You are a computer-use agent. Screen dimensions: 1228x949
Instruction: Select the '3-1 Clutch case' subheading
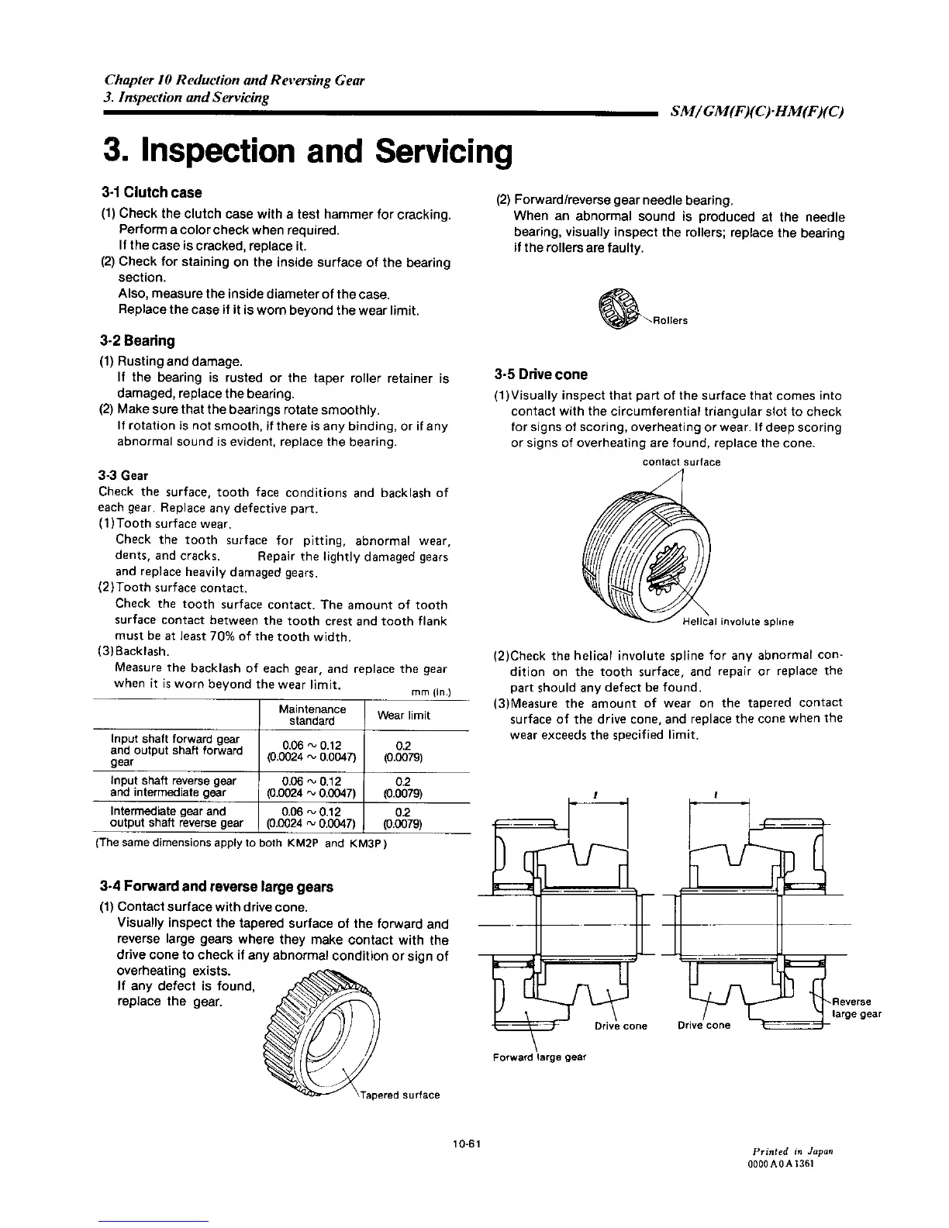pyautogui.click(x=151, y=192)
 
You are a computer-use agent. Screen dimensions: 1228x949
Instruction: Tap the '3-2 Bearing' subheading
pyautogui.click(x=137, y=340)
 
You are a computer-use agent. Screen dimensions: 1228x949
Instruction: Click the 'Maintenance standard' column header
pyautogui.click(x=312, y=715)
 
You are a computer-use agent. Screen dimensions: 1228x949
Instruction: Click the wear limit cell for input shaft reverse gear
pyautogui.click(x=402, y=787)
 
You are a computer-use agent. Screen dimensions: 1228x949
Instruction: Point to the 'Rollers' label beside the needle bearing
pyautogui.click(x=669, y=320)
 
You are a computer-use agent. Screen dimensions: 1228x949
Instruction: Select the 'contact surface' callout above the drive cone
pyautogui.click(x=682, y=462)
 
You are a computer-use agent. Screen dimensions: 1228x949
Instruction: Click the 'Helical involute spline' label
pyautogui.click(x=737, y=622)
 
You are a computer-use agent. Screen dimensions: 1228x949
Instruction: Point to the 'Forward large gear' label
pyautogui.click(x=540, y=1057)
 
